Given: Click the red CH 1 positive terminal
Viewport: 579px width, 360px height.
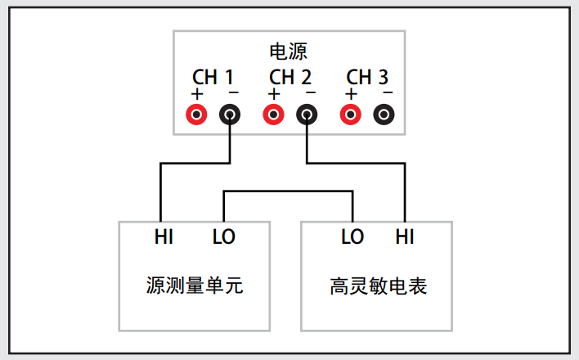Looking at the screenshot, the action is (x=196, y=115).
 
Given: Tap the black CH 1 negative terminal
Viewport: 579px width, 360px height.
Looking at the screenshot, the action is (x=230, y=115).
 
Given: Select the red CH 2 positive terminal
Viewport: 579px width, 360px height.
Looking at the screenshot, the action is (x=274, y=115).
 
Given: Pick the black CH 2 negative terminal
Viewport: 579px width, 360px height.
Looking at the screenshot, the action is (x=307, y=115).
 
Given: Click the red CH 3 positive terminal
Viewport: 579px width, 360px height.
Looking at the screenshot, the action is (x=351, y=115).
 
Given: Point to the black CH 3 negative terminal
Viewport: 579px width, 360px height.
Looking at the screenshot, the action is (x=384, y=115).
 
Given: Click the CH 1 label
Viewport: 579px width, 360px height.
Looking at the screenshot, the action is (x=213, y=77).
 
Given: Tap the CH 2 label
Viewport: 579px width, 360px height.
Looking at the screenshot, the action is (x=290, y=77).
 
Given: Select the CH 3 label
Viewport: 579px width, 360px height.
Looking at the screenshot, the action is (x=367, y=77).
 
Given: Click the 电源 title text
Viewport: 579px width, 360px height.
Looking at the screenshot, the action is (x=289, y=52).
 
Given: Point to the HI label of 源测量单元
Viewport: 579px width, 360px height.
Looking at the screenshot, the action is (x=164, y=236).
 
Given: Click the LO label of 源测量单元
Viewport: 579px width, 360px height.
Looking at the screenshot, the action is (x=224, y=236).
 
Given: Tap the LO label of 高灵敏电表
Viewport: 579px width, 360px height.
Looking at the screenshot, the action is (x=352, y=236).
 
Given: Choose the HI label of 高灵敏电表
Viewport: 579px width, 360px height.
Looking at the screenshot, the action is (x=405, y=236).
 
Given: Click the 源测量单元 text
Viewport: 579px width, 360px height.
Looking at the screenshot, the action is (x=195, y=286).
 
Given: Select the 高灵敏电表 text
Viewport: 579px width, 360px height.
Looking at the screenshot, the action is (x=378, y=286).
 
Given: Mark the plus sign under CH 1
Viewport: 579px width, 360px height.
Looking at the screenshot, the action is (x=197, y=94).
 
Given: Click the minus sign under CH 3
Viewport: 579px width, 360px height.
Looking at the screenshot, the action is (x=388, y=92).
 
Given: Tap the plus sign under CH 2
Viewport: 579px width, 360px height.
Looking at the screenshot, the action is (x=274, y=94).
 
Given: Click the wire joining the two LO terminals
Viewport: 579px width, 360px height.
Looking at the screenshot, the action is (x=288, y=191).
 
